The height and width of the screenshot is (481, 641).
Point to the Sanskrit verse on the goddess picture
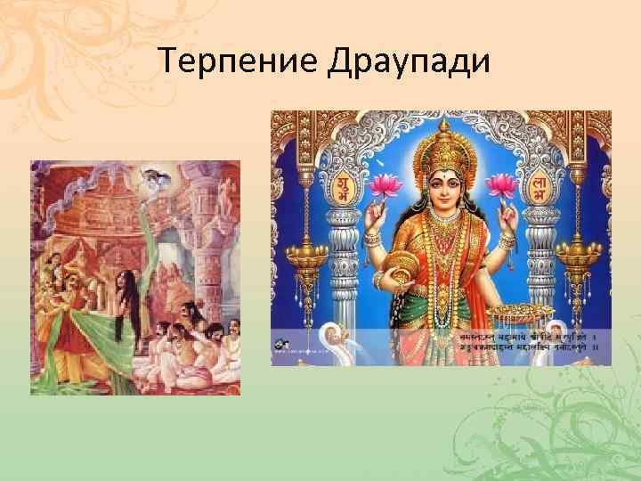525,345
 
